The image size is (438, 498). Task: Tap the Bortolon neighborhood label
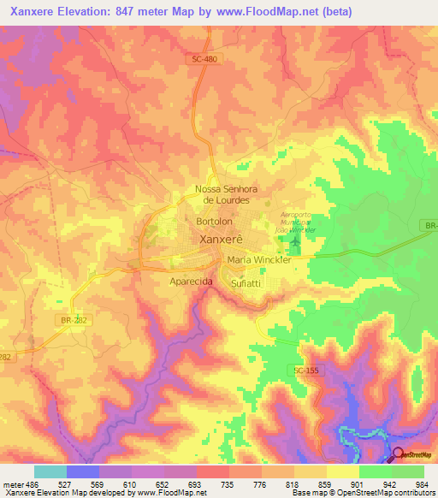coord(214,221)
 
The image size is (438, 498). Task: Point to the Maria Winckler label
coord(258,260)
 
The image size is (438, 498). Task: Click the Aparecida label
coord(191,281)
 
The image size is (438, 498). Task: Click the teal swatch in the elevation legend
coord(50,471)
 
